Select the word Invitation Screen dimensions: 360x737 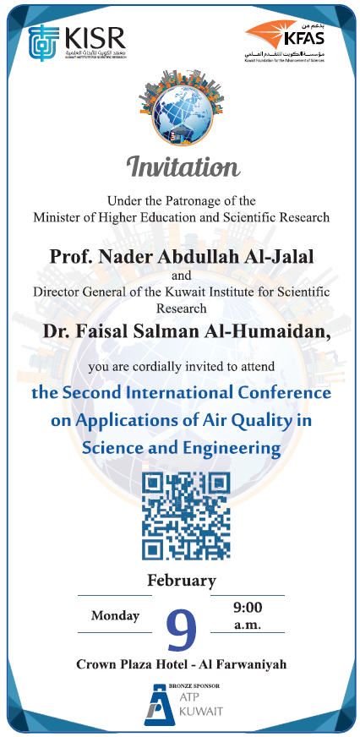click(x=181, y=167)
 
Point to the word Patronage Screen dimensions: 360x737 click(x=195, y=200)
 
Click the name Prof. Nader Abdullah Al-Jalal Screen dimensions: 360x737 click(x=179, y=255)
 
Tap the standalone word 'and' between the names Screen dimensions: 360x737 click(x=182, y=276)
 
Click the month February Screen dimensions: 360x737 click(x=181, y=581)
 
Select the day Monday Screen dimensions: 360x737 click(x=115, y=616)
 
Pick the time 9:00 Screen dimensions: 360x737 click(x=248, y=608)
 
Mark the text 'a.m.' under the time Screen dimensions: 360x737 click(x=248, y=626)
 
